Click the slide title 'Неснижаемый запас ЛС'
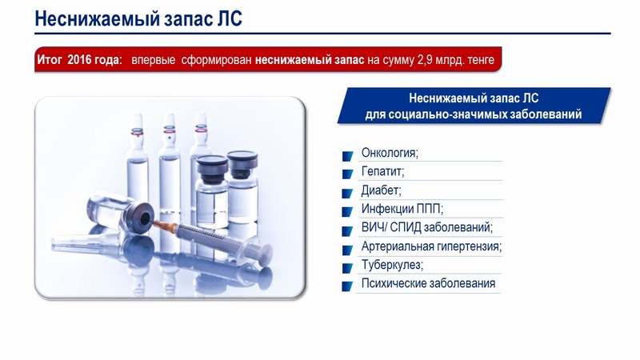(x=138, y=18)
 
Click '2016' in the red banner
(x=80, y=60)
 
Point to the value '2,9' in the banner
(x=425, y=60)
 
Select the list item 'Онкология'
(x=390, y=153)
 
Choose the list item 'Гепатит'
(x=382, y=171)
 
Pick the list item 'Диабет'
(x=382, y=190)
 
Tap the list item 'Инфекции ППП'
(x=402, y=209)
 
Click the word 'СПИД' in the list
(x=406, y=227)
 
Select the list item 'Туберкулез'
(x=392, y=265)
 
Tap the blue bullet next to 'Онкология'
(x=347, y=156)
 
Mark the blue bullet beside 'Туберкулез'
(x=347, y=268)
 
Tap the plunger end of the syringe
(x=265, y=254)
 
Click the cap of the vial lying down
(x=141, y=217)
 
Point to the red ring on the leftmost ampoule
(x=137, y=132)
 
